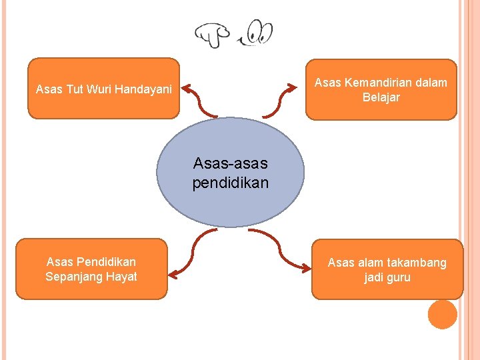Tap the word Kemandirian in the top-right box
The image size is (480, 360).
[x=375, y=83]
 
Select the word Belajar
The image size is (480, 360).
[x=381, y=97]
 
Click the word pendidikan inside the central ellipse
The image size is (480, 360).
[x=230, y=182]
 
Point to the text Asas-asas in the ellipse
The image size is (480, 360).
[x=230, y=163]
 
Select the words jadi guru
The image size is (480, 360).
[x=387, y=277]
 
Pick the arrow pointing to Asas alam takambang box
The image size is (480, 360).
[x=280, y=250]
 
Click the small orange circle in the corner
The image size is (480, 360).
[x=442, y=314]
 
